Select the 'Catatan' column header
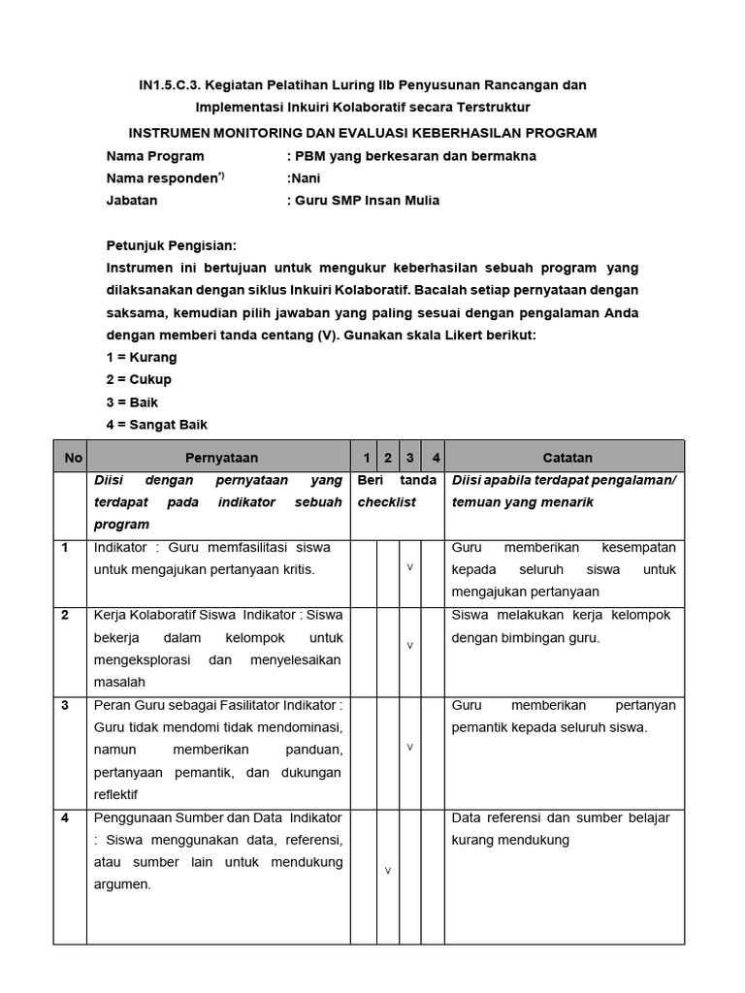[x=567, y=457]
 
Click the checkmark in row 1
[x=409, y=566]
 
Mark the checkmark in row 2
[x=409, y=645]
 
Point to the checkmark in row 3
[x=409, y=747]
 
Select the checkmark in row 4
[x=387, y=870]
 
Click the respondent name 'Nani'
[x=305, y=178]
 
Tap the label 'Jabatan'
[x=132, y=201]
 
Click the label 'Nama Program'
[x=155, y=156]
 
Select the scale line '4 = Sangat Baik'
[x=157, y=425]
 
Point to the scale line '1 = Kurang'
[x=142, y=357]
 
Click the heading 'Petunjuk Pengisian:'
[x=171, y=245]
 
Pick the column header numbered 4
[x=436, y=457]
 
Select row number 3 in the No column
[x=65, y=705]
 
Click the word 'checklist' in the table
[x=386, y=502]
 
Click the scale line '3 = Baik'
[x=132, y=401]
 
